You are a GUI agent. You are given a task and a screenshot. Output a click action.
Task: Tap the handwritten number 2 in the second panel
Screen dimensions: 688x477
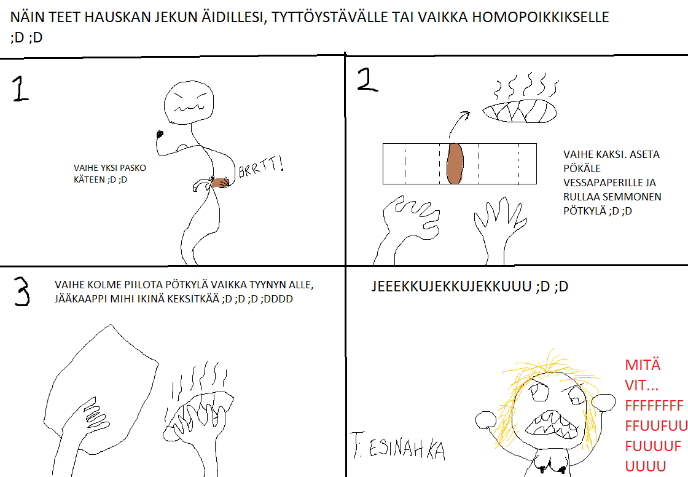[368, 79]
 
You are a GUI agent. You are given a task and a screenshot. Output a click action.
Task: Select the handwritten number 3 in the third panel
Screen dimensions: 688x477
[21, 291]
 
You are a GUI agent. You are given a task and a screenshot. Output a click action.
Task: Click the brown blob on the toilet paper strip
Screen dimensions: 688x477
[455, 164]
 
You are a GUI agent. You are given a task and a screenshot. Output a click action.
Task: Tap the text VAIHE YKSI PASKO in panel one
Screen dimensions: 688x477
[110, 168]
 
